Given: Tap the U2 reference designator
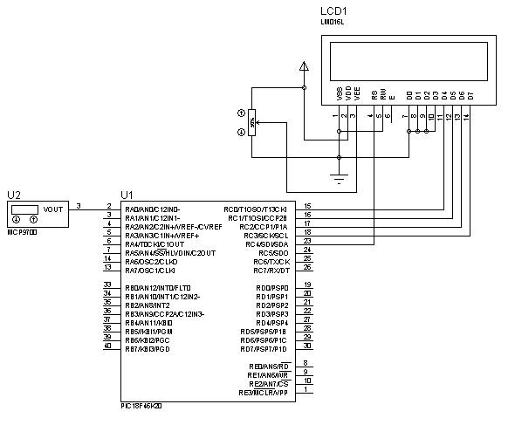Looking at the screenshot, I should pyautogui.click(x=14, y=195).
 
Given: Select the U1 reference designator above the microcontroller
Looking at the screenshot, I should pyautogui.click(x=127, y=195).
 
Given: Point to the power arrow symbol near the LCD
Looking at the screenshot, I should pyautogui.click(x=303, y=66).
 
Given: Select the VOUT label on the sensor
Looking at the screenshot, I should pyautogui.click(x=53, y=209).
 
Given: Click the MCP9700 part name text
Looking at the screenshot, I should pyautogui.click(x=24, y=232).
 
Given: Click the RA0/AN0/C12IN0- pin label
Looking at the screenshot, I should pyautogui.click(x=153, y=209).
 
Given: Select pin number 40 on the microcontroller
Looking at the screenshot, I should pyautogui.click(x=107, y=346).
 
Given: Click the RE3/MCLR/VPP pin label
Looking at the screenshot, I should pyautogui.click(x=264, y=393).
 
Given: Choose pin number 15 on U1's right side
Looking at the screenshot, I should pyautogui.click(x=306, y=207).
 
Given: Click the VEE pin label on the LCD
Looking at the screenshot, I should pyautogui.click(x=357, y=93).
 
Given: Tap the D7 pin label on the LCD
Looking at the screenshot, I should pyautogui.click(x=470, y=93).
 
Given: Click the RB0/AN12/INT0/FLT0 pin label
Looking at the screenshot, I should pyautogui.click(x=159, y=288).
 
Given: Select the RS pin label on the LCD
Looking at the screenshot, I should pyautogui.click(x=374, y=93).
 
